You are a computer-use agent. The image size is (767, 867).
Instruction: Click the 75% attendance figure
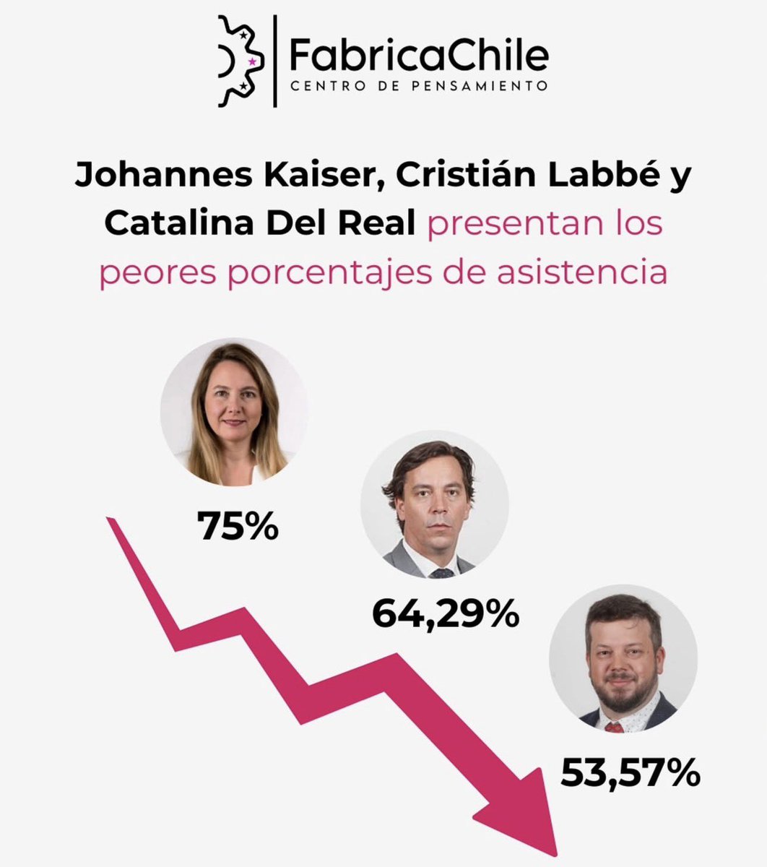238,527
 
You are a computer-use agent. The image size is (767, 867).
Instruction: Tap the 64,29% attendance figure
445,613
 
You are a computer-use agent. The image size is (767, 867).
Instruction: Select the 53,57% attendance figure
630,773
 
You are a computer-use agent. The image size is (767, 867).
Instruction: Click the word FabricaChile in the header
418,53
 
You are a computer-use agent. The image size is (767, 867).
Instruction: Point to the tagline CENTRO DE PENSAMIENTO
418,86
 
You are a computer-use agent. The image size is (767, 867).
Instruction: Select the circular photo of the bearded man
623,663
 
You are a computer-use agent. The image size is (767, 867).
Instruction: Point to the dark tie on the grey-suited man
441,572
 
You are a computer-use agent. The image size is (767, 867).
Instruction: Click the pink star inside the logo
251,62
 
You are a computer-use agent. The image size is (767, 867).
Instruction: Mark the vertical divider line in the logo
275,61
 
